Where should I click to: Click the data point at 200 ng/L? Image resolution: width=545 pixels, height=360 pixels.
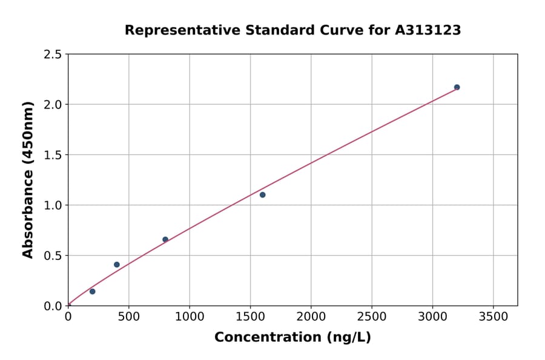point(92,292)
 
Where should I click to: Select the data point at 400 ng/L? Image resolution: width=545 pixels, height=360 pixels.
point(117,265)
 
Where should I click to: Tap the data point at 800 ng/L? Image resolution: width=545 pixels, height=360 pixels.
point(165,239)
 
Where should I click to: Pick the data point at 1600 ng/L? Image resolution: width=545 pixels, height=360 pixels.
point(262,195)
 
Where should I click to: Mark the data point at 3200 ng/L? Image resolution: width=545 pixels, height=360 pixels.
point(457,87)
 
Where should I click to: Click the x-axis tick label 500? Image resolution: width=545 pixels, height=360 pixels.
point(128,316)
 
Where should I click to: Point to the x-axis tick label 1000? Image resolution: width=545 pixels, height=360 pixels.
point(189,316)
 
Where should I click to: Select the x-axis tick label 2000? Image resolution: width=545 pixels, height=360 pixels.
point(311,316)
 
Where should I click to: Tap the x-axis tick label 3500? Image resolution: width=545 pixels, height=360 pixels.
point(493,316)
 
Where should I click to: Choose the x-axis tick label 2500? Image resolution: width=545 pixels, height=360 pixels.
point(371,316)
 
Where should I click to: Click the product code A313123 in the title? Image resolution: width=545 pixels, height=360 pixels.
point(429,30)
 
